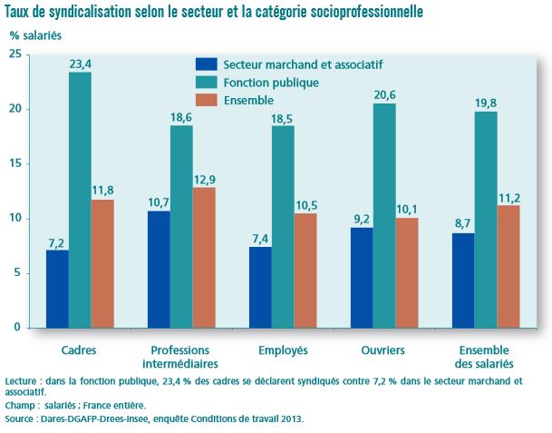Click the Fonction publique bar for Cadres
coord(80,200)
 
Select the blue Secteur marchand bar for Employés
coord(260,287)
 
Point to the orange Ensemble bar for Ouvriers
coord(407,272)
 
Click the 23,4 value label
coord(80,63)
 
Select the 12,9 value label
coord(205,178)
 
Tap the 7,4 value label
coord(260,238)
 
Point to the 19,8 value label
coord(487,102)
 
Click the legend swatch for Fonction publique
coord(208,82)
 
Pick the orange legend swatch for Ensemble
coord(208,99)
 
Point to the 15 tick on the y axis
coord(15,164)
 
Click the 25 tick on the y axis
coord(15,54)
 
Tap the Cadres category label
coord(79,349)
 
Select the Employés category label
coord(284,349)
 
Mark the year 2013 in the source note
coord(292,418)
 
